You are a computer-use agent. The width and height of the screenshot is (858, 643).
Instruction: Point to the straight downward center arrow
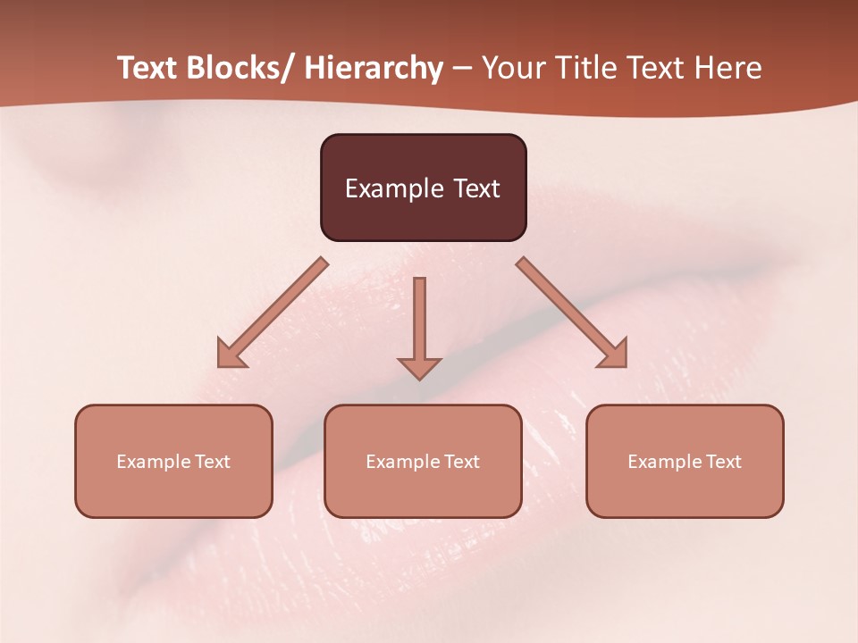(419, 321)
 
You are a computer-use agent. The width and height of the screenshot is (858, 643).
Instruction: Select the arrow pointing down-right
(572, 313)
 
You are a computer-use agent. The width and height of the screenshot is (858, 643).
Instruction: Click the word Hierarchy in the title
(374, 69)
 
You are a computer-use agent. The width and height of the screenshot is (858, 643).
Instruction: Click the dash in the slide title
(462, 70)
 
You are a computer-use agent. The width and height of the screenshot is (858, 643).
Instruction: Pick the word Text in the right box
(723, 462)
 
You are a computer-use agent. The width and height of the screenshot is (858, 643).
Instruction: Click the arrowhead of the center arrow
(419, 368)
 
